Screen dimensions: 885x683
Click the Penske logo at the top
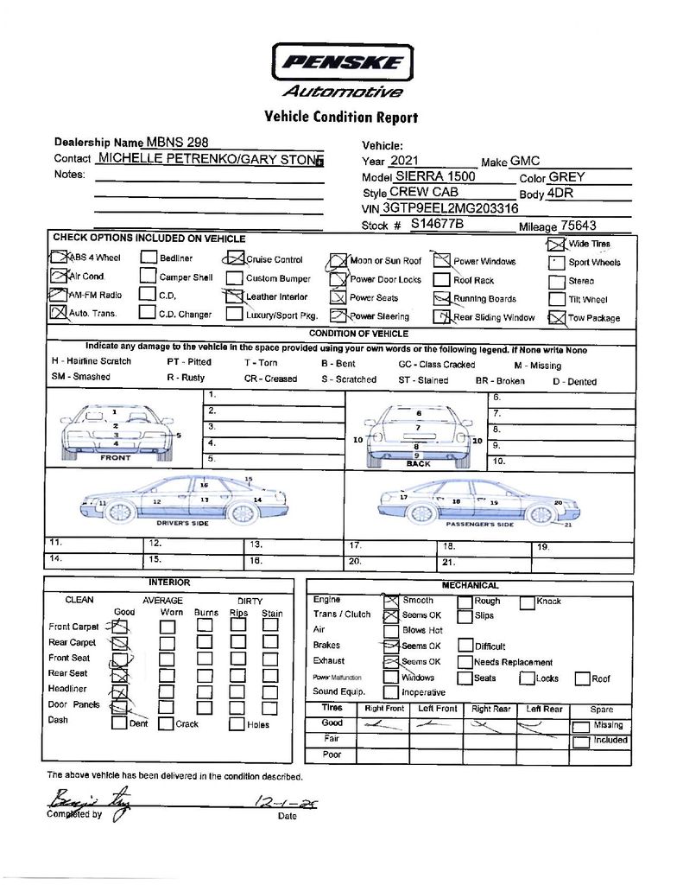(x=343, y=63)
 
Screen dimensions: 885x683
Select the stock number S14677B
(x=437, y=223)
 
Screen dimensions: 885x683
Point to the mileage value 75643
(x=578, y=225)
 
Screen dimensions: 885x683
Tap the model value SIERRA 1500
(x=435, y=176)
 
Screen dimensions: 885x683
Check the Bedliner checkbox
(x=149, y=258)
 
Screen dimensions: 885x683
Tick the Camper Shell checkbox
(x=149, y=277)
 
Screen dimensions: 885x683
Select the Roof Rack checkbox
(x=441, y=280)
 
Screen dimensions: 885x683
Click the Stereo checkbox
(x=556, y=281)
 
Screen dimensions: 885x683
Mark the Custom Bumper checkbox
(x=234, y=278)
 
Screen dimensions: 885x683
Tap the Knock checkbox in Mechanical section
(x=527, y=602)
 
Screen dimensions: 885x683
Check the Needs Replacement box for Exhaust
(x=465, y=662)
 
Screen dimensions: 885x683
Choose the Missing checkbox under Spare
(x=582, y=726)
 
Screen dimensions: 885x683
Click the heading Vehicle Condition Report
(x=341, y=117)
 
